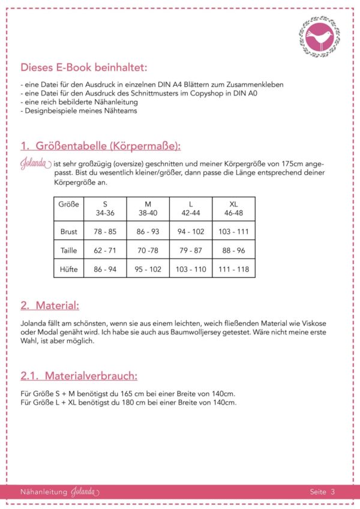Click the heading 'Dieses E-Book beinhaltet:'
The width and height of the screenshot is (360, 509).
point(83,67)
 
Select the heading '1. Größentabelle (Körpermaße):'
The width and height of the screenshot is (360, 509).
point(100,146)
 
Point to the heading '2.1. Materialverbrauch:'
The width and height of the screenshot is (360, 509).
point(79,376)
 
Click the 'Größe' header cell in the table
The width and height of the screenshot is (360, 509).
point(69,204)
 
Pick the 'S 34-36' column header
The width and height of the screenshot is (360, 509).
point(105,208)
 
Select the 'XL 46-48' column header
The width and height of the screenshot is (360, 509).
point(233,208)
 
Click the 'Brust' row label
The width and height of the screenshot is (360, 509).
point(69,231)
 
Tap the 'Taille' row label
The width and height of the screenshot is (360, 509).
point(69,250)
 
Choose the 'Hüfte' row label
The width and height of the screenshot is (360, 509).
point(69,270)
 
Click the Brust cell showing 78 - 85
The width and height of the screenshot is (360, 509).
point(105,231)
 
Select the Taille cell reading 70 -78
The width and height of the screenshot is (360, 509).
point(148,250)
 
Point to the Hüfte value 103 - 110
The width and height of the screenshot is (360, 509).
point(191,270)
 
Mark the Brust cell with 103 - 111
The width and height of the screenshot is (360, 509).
point(233,231)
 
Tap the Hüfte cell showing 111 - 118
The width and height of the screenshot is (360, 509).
point(233,270)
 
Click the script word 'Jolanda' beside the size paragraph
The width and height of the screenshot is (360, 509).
point(35,164)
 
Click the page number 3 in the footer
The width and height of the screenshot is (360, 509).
point(332,492)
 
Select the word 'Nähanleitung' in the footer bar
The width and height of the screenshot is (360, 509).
point(44,492)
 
